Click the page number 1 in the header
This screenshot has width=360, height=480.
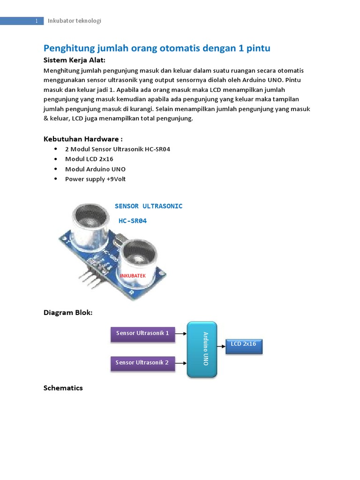point(37,21)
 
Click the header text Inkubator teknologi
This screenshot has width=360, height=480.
point(75,21)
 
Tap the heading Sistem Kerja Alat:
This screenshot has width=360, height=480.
point(74,60)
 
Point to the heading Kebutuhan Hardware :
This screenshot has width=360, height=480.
point(83,139)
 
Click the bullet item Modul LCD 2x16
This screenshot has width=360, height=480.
point(89,159)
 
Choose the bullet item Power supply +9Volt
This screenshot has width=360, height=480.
point(95,179)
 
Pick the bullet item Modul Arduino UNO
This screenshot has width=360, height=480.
point(95,169)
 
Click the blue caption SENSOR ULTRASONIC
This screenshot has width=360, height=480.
point(149,206)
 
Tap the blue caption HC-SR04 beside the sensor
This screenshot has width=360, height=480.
point(133,220)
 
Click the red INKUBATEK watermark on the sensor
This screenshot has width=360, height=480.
point(133,276)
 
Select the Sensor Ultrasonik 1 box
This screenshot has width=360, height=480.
point(142,334)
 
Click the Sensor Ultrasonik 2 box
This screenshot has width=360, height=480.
point(142,363)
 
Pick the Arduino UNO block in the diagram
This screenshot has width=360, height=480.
point(202,349)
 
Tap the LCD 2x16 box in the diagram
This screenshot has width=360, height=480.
point(244,345)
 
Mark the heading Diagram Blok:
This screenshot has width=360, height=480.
point(68,312)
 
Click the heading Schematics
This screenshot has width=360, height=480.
point(63,388)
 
